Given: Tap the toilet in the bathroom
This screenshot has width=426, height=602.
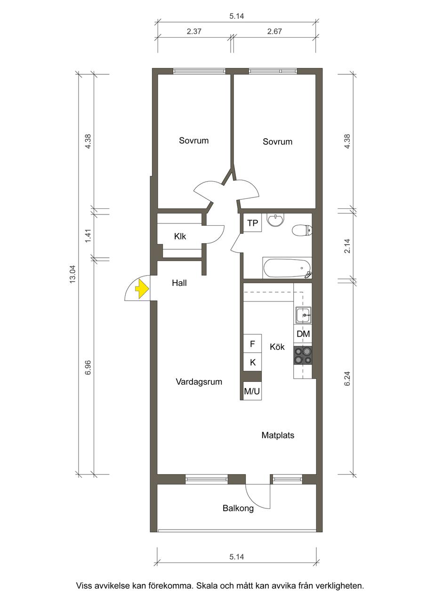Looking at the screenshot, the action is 302,230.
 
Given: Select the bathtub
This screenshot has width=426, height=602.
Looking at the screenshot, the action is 287,269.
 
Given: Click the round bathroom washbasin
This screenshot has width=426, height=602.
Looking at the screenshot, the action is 275,219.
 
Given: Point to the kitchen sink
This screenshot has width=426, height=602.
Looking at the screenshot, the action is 304,315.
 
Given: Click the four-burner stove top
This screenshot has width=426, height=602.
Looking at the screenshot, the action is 303,355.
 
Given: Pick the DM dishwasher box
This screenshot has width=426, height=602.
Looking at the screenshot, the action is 303,333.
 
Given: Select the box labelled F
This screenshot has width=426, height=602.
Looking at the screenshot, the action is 252,343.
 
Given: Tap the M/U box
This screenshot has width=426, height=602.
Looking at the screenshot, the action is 252,391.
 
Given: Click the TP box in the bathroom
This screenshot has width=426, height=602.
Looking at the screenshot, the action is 252,223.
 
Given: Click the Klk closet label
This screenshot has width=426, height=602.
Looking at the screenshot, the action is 180,237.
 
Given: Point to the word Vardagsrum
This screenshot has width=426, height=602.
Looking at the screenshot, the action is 199,382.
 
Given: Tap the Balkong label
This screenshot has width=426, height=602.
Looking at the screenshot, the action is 238,508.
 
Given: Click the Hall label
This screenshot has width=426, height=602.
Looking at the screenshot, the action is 179,283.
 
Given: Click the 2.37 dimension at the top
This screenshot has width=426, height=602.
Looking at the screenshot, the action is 194,32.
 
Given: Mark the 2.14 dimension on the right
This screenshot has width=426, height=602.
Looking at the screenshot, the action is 347,246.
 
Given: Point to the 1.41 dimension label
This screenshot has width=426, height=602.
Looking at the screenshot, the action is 88,236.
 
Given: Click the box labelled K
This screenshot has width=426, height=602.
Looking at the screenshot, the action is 252,362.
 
